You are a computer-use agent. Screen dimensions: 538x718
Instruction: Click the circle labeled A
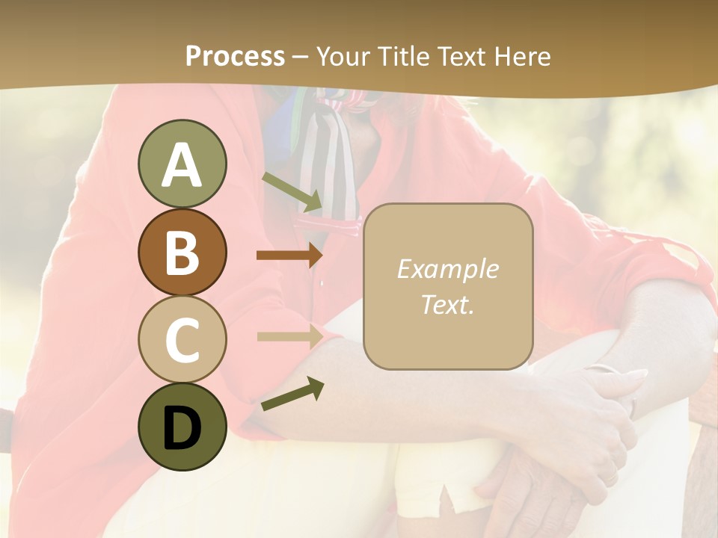(x=182, y=164)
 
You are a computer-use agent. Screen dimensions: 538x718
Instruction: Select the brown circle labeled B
(x=182, y=252)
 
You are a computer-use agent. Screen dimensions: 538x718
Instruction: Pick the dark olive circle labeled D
(x=182, y=427)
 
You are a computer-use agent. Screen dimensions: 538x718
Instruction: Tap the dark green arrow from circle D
(x=292, y=394)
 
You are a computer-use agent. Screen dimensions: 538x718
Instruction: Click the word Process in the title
(x=235, y=56)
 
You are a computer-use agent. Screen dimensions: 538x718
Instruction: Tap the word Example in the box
(x=447, y=269)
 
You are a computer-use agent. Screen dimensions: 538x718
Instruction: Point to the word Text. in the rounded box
(x=447, y=304)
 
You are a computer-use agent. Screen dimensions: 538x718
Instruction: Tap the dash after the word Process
(x=300, y=57)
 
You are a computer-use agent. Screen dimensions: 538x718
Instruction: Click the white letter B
(x=182, y=253)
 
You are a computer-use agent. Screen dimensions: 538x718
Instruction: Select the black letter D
(x=182, y=428)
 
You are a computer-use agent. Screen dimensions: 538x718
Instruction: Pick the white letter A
(x=182, y=165)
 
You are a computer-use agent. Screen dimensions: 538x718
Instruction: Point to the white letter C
(x=182, y=339)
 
